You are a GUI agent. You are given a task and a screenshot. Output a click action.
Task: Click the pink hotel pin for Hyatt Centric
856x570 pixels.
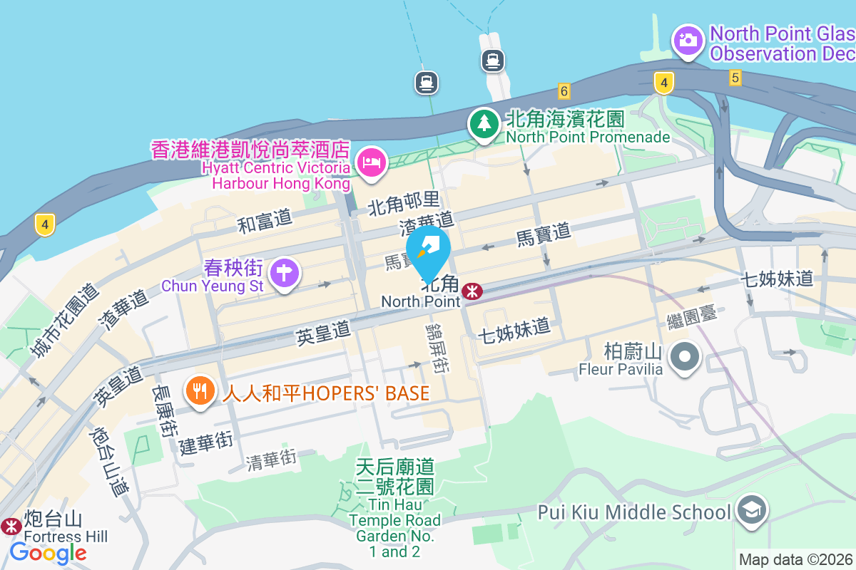coord(371,163)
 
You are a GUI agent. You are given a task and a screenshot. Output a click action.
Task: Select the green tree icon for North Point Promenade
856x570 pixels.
coord(484,124)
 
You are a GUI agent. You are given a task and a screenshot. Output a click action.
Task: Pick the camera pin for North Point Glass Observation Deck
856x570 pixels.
coord(688,40)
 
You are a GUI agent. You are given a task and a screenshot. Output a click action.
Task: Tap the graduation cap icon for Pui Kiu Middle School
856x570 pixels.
coord(752,511)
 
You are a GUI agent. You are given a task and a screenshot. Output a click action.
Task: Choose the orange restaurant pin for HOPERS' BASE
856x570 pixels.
coord(200,391)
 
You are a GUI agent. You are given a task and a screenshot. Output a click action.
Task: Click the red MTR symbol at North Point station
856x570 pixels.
coord(472,291)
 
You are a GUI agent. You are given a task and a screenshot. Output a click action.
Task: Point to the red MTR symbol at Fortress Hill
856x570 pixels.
coord(11,527)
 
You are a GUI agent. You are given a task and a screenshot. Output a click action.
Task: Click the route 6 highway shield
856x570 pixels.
coord(564,90)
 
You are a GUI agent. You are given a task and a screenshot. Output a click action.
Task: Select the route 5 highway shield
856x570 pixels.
coord(735,77)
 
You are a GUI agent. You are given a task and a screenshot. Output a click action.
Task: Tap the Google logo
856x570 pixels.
coord(48,552)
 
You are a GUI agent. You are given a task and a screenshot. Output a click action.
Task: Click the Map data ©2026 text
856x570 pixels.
coord(796,560)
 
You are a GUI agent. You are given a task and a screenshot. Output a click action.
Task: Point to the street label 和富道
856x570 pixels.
coord(265,222)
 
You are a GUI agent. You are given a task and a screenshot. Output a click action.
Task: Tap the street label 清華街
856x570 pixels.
coord(271,460)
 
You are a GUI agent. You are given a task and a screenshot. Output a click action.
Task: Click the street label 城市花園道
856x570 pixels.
coord(68,321)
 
